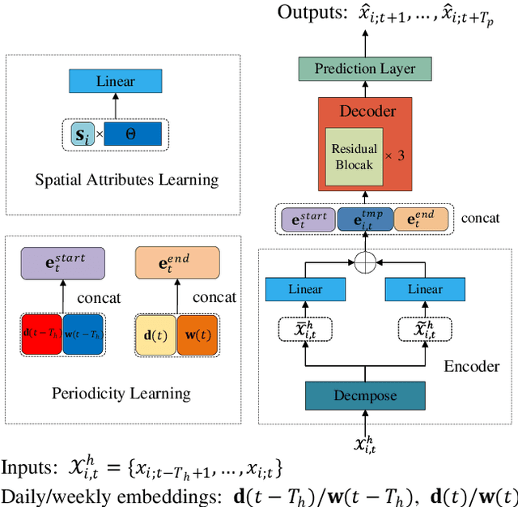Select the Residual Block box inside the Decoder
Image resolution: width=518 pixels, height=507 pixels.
pos(355,155)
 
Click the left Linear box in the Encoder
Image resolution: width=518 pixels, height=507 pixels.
pos(305,289)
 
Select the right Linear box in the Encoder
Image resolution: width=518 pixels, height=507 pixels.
pos(425,289)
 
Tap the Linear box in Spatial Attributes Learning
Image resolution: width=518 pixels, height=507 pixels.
pos(116,81)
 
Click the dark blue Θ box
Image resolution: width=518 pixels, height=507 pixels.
pos(131,134)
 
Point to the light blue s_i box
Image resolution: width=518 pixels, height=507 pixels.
pos(83,134)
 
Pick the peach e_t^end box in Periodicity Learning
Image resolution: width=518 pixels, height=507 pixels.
pos(176,264)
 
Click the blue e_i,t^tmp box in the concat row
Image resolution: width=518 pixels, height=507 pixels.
pos(364,219)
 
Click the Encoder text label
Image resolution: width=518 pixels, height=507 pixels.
pos(471,366)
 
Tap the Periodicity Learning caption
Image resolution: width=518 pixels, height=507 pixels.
pos(121,394)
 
